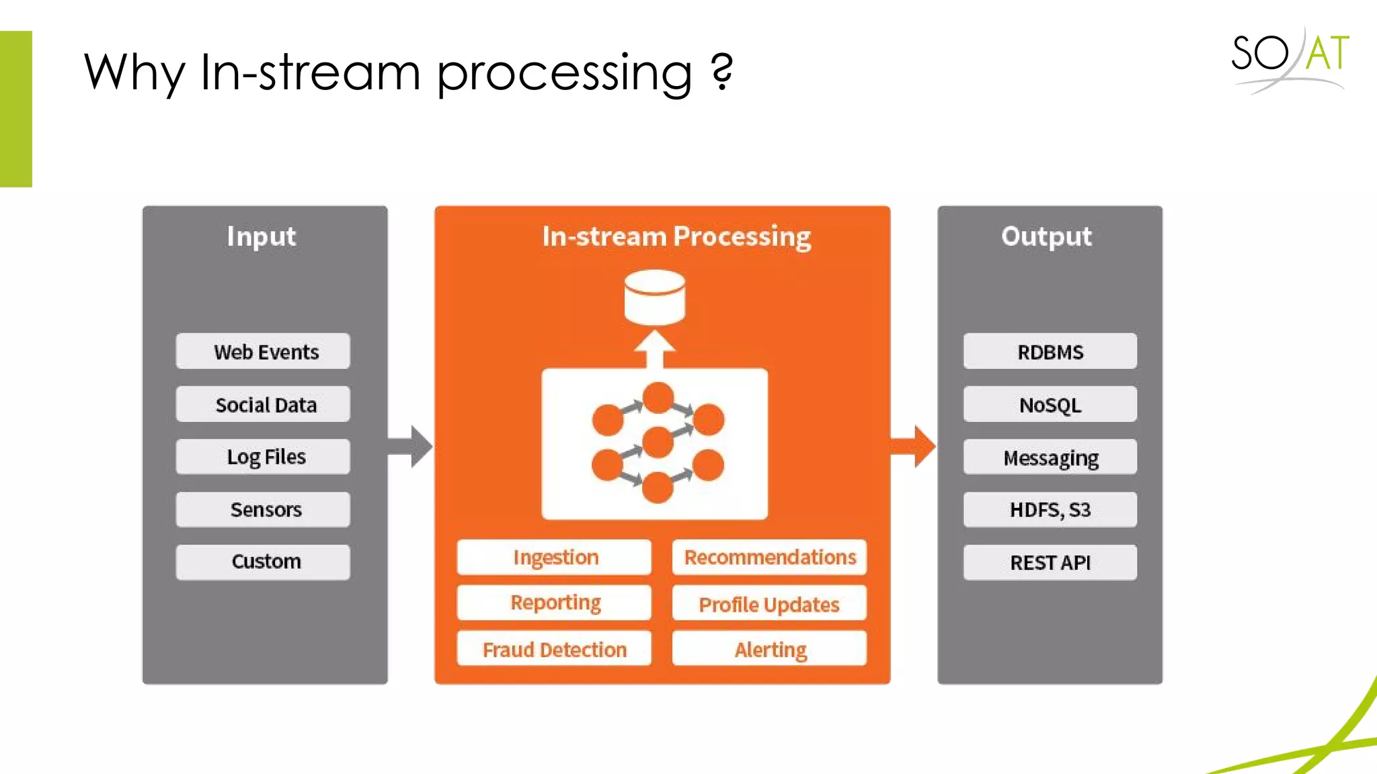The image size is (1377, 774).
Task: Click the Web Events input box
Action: pos(263,351)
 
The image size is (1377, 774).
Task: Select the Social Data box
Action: pos(263,404)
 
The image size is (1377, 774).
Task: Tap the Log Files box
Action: pos(263,457)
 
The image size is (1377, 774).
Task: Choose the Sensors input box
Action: pos(263,509)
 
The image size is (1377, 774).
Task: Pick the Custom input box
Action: pos(263,562)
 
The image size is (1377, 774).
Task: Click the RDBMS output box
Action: pos(1050,351)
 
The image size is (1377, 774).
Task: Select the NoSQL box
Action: pos(1050,404)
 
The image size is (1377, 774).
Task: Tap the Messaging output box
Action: pos(1050,457)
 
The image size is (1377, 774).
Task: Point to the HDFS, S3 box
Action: pos(1050,509)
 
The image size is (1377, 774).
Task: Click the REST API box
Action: pos(1050,562)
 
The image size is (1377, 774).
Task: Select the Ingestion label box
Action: pos(554,557)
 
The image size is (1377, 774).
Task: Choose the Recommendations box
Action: pos(769,557)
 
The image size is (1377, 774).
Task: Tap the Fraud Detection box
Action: pos(554,649)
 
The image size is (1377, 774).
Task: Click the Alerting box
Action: pos(769,649)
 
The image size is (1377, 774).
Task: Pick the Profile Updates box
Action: pos(769,603)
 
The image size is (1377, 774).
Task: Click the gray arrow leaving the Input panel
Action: pos(411,446)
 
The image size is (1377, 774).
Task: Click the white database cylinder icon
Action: pos(654,298)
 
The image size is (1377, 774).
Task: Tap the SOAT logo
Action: pos(1290,57)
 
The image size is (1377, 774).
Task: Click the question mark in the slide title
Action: pos(721,71)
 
